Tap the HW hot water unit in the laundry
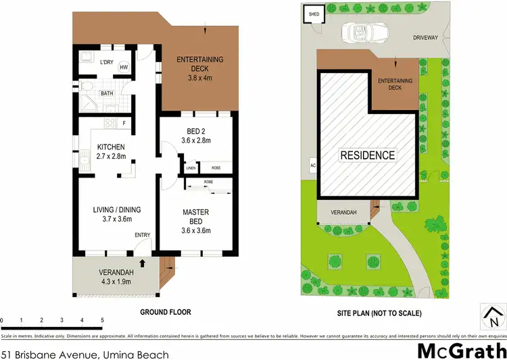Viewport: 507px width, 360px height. point(124,68)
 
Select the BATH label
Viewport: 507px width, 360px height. point(107,93)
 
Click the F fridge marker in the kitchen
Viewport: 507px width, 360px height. point(124,124)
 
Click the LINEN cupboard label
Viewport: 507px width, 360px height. point(191,168)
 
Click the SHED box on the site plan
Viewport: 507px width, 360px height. point(314,14)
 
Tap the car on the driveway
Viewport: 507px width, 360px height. point(364,32)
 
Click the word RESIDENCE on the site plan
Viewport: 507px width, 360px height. point(367,155)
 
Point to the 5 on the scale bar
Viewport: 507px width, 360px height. point(101,320)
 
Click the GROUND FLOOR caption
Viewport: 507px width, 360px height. point(165,312)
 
